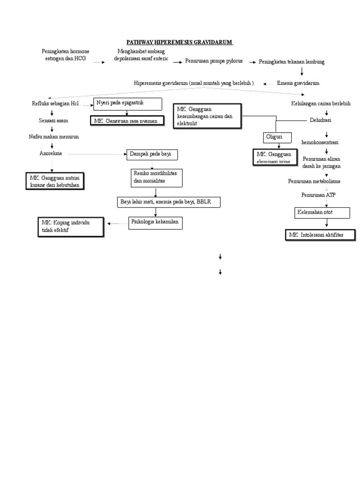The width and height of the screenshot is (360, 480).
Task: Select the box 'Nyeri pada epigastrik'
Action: pos(128,104)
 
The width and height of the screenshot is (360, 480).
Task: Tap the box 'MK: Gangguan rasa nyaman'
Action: pos(128,121)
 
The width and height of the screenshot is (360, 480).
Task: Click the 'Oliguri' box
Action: pos(277,138)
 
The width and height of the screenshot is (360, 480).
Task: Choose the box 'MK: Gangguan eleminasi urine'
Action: pos(274,157)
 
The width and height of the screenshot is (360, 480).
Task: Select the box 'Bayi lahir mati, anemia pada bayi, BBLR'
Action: pos(168,202)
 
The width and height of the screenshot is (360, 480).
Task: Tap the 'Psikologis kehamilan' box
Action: pos(156,223)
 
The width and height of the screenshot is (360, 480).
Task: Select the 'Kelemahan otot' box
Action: pos(322,213)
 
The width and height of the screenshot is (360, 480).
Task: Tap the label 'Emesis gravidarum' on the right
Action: pos(298,83)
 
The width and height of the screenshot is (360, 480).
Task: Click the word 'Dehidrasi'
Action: pos(321,120)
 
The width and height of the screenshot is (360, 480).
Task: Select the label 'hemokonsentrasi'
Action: pos(320,142)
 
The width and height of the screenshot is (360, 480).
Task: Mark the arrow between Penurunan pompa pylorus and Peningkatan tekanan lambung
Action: pos(252,62)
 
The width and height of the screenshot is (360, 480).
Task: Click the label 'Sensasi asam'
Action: pos(53,120)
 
